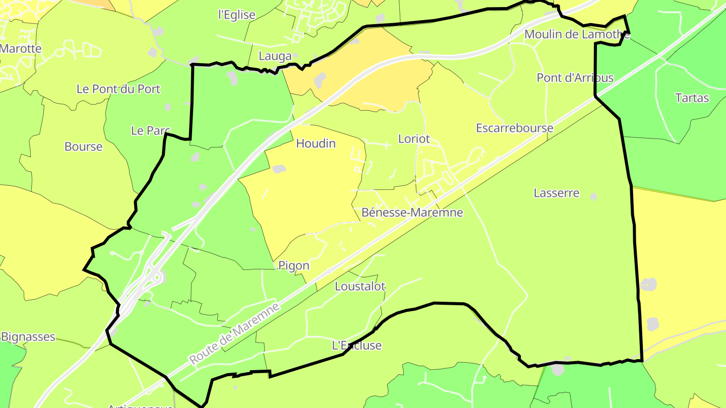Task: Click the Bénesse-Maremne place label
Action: point(412,213)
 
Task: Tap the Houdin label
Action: point(316,144)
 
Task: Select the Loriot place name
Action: point(414,139)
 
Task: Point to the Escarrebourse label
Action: point(514,128)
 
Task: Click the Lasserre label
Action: point(556,193)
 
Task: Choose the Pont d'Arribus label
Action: point(575,78)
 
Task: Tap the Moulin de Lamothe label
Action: point(577,34)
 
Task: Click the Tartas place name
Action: point(692,98)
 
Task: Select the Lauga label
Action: point(275,56)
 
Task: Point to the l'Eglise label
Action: point(236,15)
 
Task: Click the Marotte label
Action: point(20,49)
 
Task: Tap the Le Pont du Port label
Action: point(118,89)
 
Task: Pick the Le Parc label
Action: point(150,130)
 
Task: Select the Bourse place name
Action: point(83,147)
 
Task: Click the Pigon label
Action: point(293,265)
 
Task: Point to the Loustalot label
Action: point(360,287)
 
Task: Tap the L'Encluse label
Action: point(356,346)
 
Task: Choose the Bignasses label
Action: point(28,336)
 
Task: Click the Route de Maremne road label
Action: point(234,333)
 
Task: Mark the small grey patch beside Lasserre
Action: point(594,196)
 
